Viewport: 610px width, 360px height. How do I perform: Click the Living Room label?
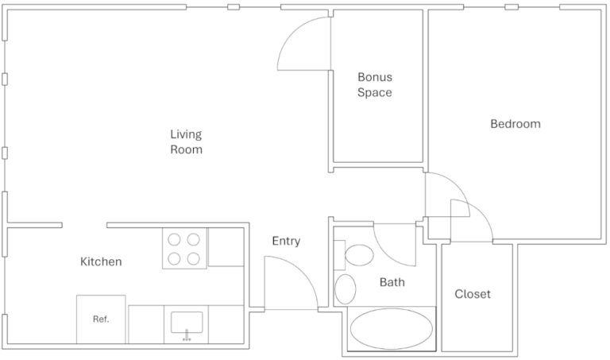186,141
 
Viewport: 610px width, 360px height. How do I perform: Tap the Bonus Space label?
374,85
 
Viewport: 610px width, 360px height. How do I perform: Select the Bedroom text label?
515,124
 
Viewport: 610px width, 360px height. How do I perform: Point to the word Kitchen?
101,261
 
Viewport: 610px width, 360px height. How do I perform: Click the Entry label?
286,242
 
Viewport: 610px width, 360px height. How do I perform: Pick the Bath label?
392,282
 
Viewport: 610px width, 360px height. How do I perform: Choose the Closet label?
472,294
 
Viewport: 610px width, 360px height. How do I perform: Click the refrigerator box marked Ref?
101,319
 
